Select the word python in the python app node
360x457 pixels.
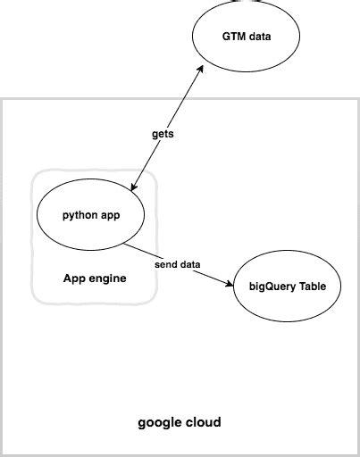(80, 216)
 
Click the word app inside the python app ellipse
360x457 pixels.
(111, 216)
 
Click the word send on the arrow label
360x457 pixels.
(167, 265)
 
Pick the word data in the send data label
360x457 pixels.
(188, 265)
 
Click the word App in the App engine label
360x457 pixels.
(74, 278)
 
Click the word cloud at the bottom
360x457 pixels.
(204, 421)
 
